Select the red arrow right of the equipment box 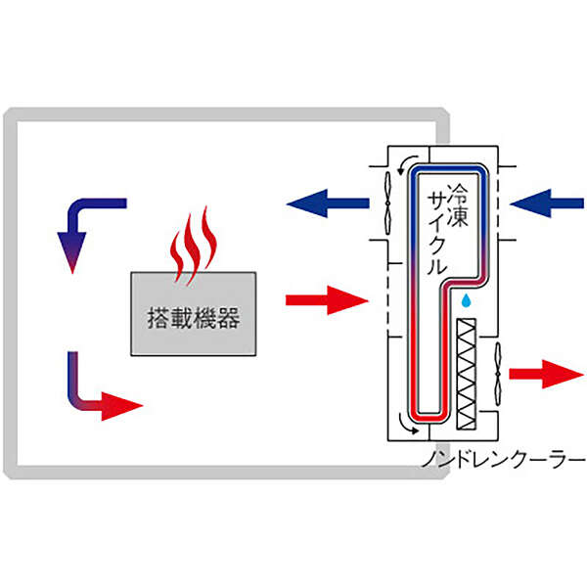coord(325,299)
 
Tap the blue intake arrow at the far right coord(545,203)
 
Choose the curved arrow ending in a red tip coord(98,391)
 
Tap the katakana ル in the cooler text coord(438,263)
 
